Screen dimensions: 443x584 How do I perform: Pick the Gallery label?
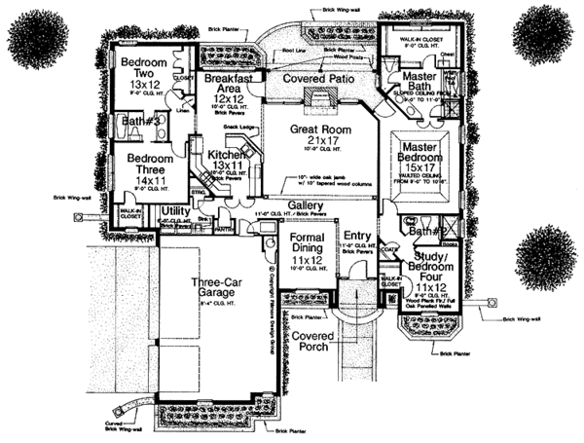[307, 205]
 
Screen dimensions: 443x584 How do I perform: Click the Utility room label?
[175, 209]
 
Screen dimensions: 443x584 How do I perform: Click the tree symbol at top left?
[42, 31]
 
